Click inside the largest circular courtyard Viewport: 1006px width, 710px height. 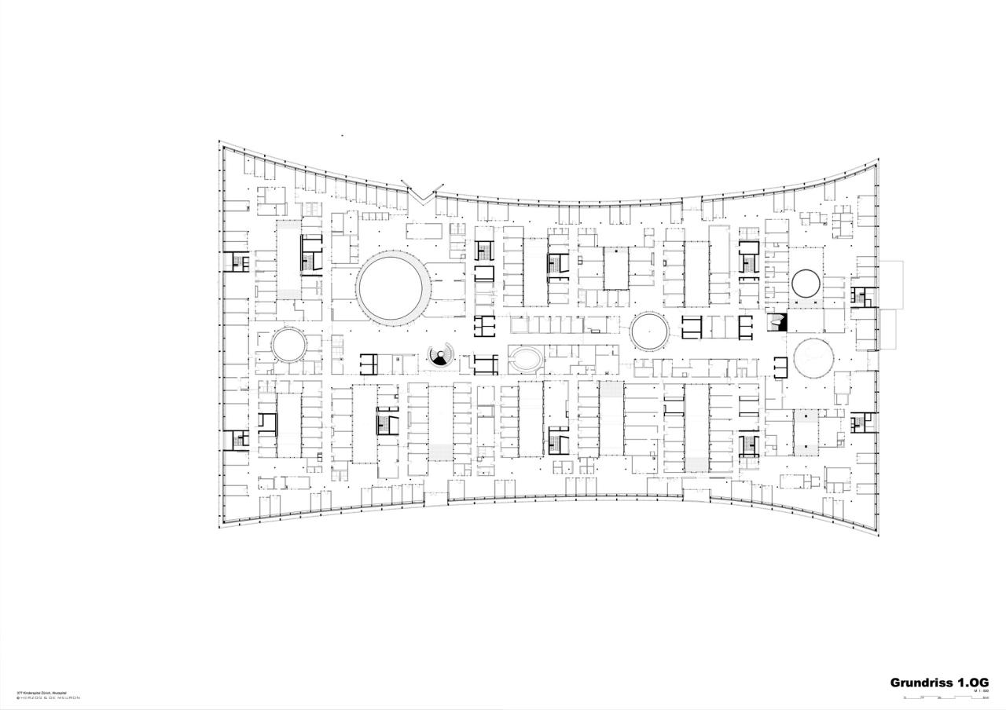pyautogui.click(x=393, y=286)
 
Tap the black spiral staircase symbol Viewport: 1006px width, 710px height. pyautogui.click(x=442, y=357)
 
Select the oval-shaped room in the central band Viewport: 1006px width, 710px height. pyautogui.click(x=525, y=360)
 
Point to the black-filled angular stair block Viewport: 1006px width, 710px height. pyautogui.click(x=777, y=322)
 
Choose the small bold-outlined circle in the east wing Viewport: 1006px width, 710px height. pyautogui.click(x=806, y=283)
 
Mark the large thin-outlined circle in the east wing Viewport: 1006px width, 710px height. pyautogui.click(x=813, y=359)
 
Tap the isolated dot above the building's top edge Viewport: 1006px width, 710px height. pyautogui.click(x=342, y=136)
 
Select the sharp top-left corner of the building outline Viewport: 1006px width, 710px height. pyautogui.click(x=219, y=141)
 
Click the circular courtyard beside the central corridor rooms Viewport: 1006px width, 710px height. pyautogui.click(x=650, y=331)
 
